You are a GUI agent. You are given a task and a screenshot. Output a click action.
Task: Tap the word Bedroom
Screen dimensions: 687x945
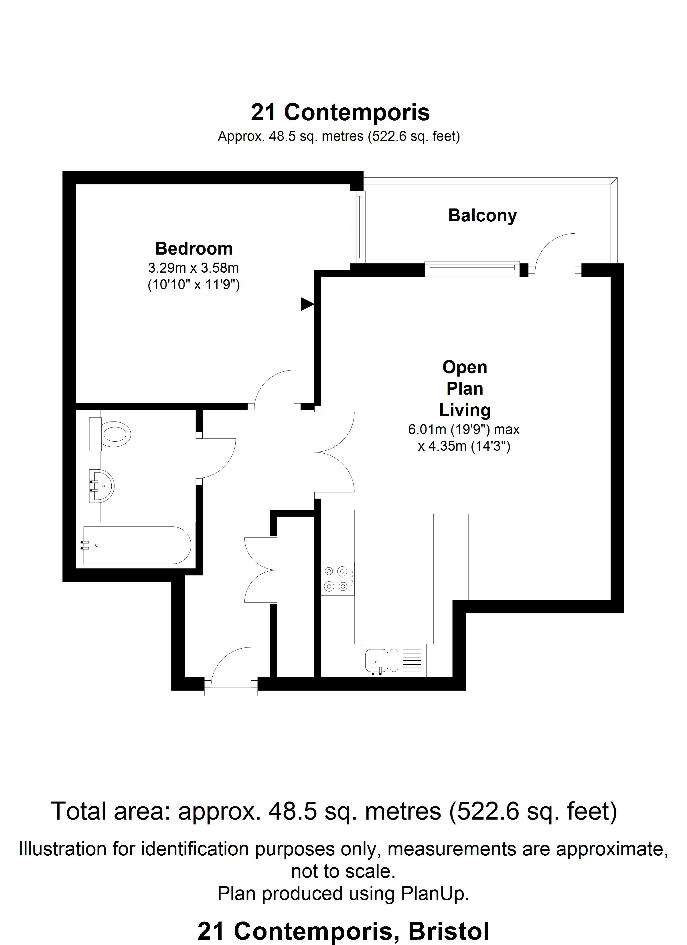(194, 249)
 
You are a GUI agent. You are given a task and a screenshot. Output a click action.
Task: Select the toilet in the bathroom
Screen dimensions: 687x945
(110, 434)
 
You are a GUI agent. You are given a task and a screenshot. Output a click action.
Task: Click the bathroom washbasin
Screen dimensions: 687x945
(101, 486)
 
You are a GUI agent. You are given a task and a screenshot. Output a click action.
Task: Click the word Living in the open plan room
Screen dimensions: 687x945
(465, 410)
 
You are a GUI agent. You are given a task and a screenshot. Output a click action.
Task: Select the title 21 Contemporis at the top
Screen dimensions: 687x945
(340, 113)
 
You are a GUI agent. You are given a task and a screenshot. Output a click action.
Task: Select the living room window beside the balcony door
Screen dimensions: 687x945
(472, 269)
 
